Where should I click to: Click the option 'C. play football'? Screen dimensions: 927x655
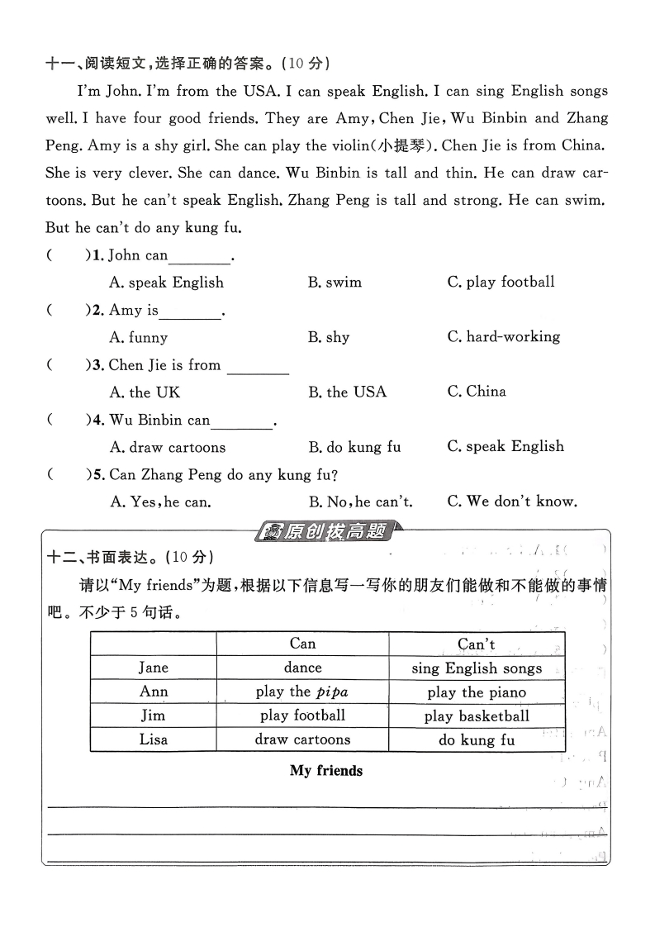tap(501, 282)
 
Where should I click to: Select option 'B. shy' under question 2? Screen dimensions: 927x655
tap(329, 337)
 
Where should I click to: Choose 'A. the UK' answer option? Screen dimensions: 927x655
tap(145, 392)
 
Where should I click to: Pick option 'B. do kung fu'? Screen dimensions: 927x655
tap(354, 447)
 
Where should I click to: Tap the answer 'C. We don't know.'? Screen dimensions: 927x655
tap(512, 501)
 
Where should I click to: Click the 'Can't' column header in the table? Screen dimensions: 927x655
tap(477, 644)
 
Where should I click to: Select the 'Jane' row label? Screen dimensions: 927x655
tap(154, 668)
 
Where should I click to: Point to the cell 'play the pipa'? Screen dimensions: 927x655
tap(302, 692)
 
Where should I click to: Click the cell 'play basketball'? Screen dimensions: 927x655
tap(477, 715)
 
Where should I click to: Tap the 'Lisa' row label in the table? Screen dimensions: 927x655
tap(154, 739)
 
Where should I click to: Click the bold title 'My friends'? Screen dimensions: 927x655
tap(326, 771)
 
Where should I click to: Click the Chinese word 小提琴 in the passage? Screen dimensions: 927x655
tap(404, 146)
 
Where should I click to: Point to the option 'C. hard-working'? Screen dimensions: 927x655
tap(504, 337)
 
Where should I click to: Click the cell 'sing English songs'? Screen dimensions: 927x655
tap(477, 668)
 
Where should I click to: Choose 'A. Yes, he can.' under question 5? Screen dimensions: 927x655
tap(160, 501)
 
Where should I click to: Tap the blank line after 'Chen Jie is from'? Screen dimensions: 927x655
tap(258, 368)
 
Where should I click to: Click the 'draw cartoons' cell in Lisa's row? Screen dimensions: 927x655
tap(302, 739)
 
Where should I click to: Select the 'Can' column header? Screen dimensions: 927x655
tap(302, 644)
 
